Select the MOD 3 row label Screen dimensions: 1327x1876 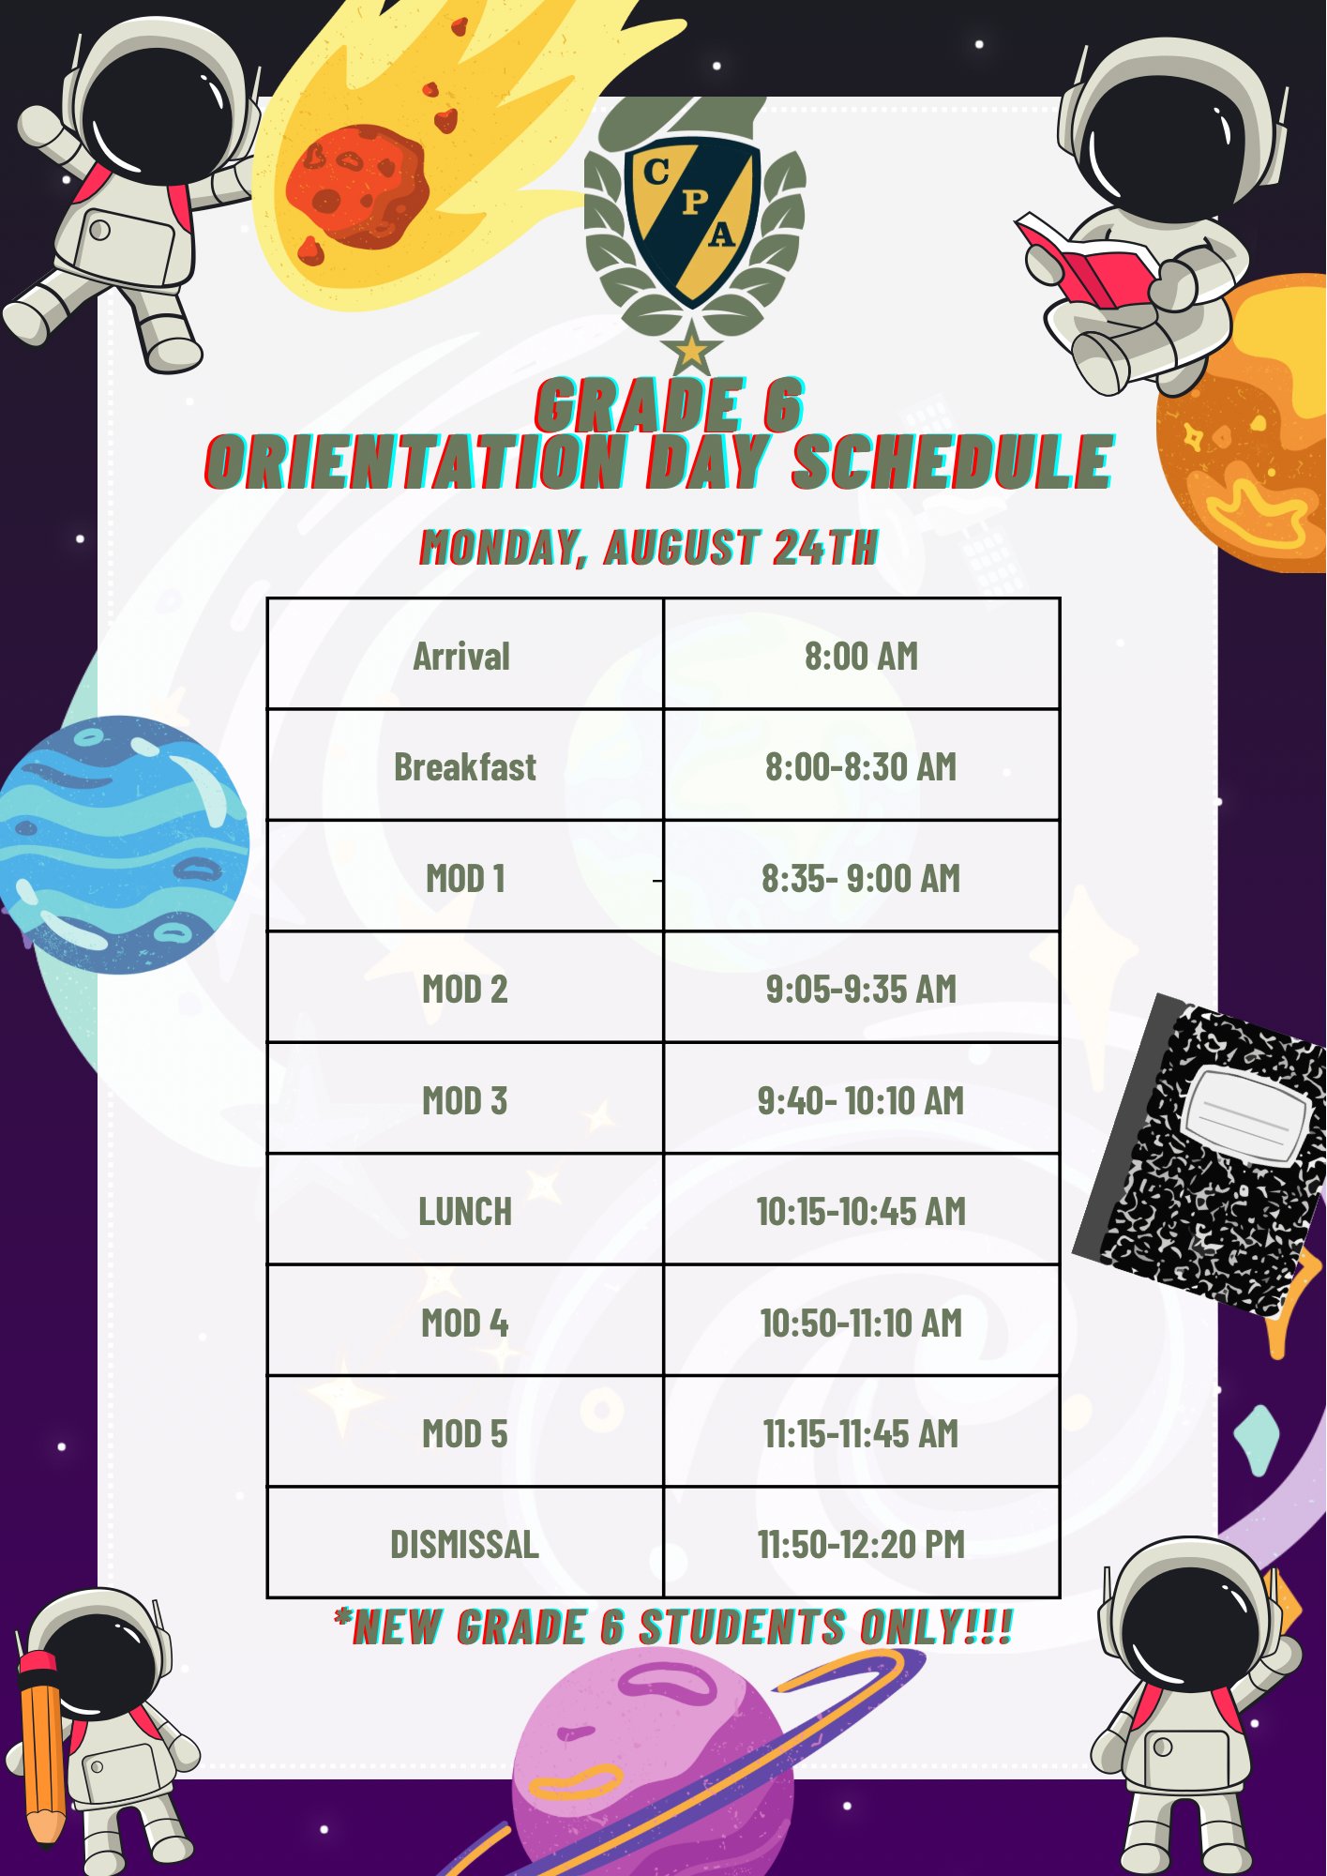coord(465,1100)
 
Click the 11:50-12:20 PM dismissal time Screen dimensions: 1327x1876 coord(861,1544)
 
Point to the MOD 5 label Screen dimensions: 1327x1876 coord(465,1433)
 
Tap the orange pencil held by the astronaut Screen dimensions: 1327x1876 coord(42,1749)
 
